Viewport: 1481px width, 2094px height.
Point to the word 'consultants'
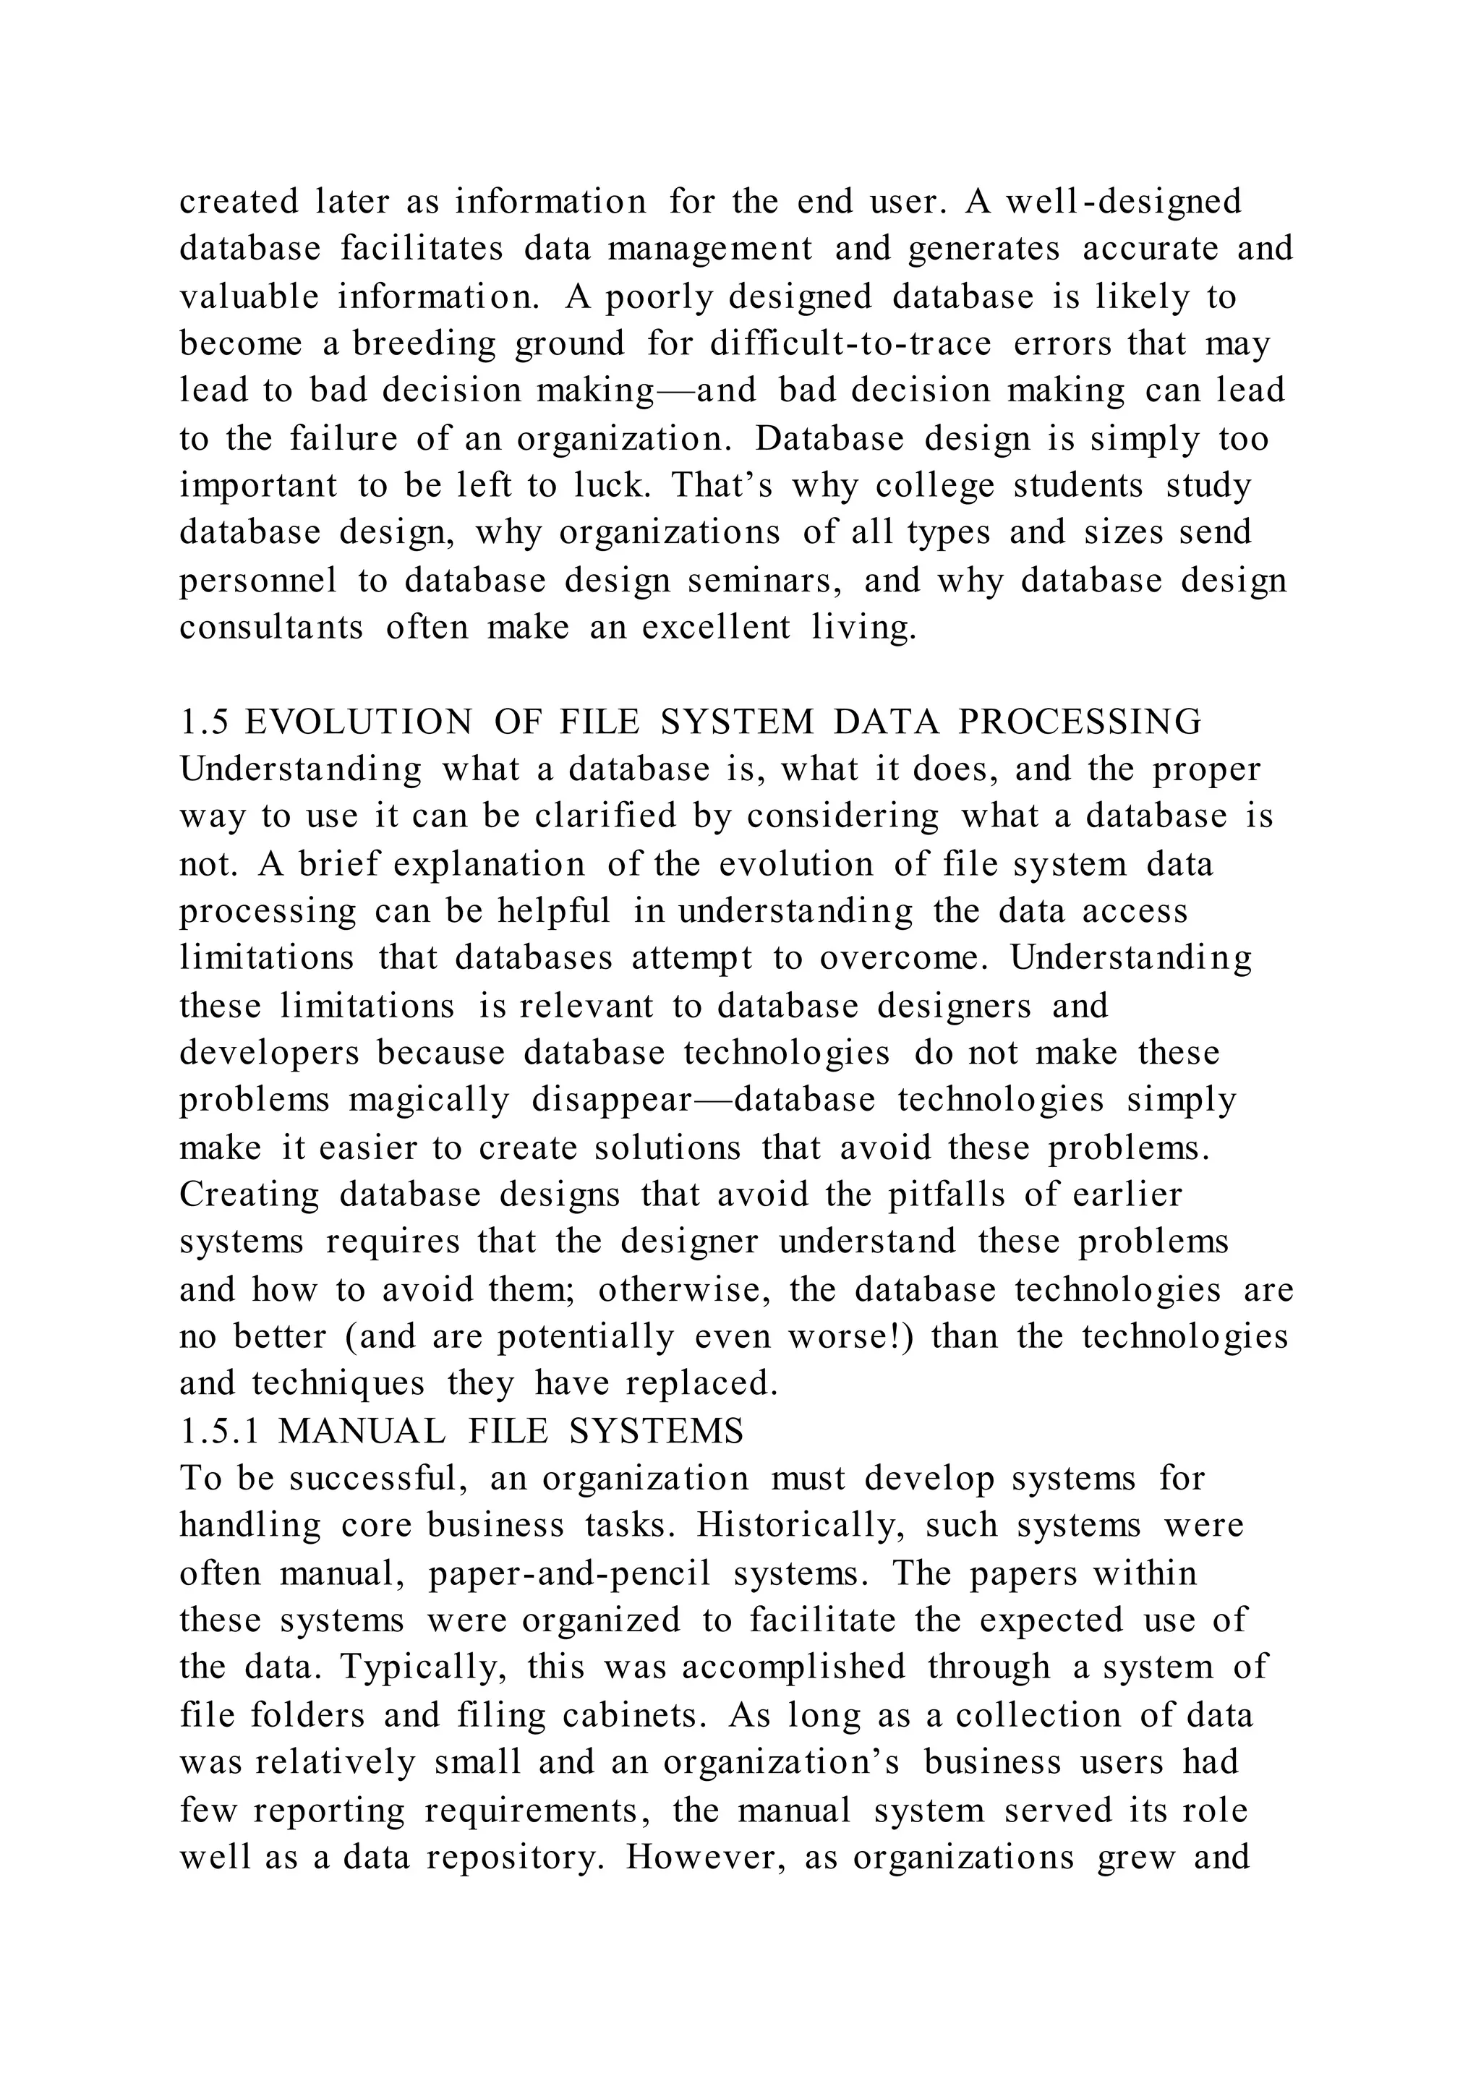coord(271,628)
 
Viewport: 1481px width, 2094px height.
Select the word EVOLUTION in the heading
coord(359,722)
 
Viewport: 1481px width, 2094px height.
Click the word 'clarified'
coord(605,816)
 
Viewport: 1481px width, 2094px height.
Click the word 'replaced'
coord(701,1385)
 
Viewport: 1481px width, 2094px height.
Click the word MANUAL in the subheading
coord(362,1431)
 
